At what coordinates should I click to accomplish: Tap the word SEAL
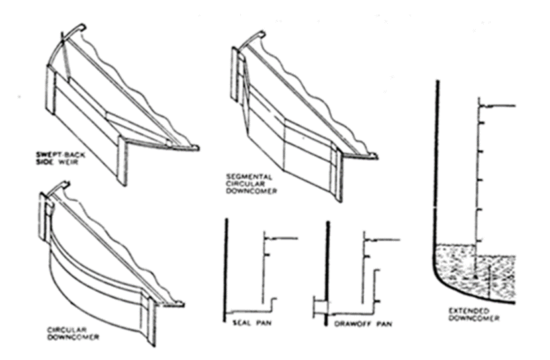pyautogui.click(x=241, y=324)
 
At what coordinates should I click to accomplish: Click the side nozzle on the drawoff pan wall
pyautogui.click(x=318, y=308)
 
